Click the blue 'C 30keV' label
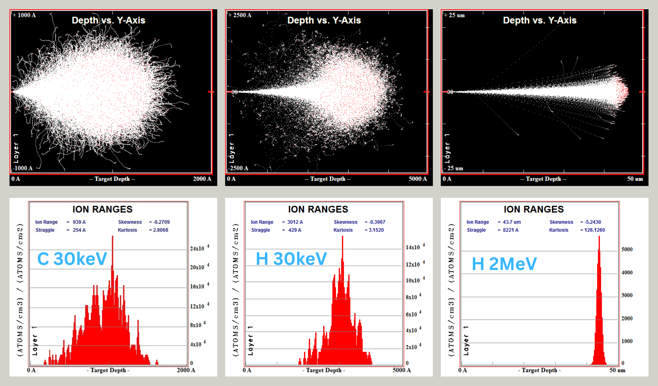tap(72, 259)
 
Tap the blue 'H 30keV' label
tap(291, 259)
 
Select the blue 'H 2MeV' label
tap(504, 264)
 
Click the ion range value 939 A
tap(79, 222)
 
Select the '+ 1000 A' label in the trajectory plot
tap(24, 15)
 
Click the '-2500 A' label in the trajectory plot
tap(238, 168)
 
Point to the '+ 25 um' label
tap(454, 15)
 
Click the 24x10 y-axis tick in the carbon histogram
tap(197, 248)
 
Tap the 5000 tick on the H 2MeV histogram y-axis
tap(627, 249)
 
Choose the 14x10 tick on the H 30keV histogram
tap(413, 247)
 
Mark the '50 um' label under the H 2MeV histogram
tap(617, 370)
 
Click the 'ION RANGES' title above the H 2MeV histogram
tap(534, 209)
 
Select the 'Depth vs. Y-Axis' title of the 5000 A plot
tap(324, 20)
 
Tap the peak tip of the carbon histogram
tap(112, 237)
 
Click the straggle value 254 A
tap(79, 230)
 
